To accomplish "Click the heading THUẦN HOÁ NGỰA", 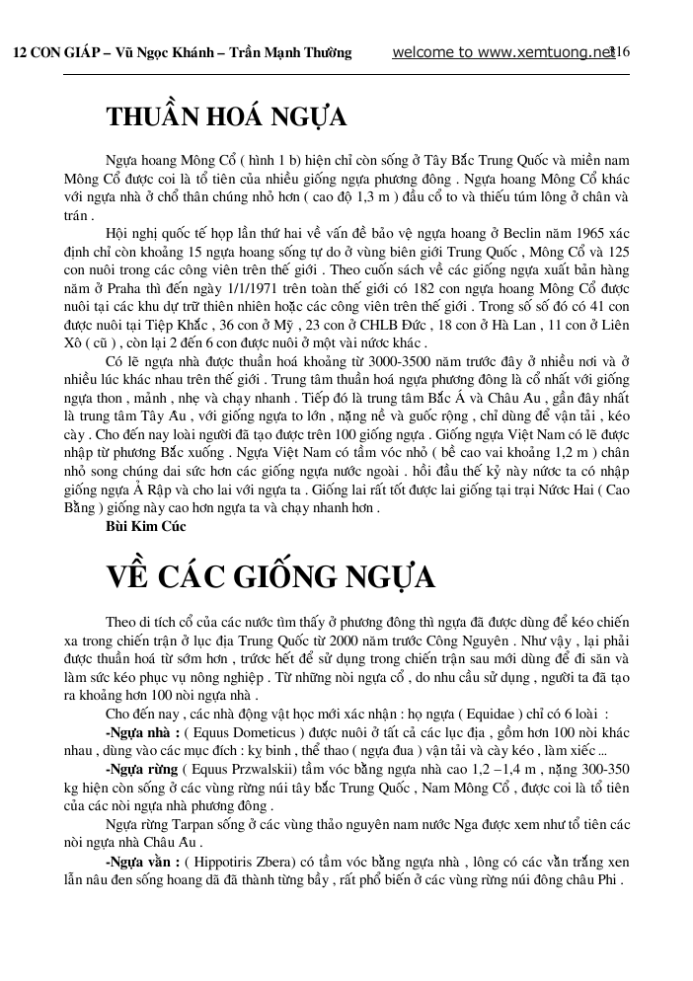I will pyautogui.click(x=226, y=117).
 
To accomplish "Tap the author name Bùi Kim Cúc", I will pyautogui.click(x=145, y=528).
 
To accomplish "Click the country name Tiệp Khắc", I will pyautogui.click(x=170, y=324).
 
